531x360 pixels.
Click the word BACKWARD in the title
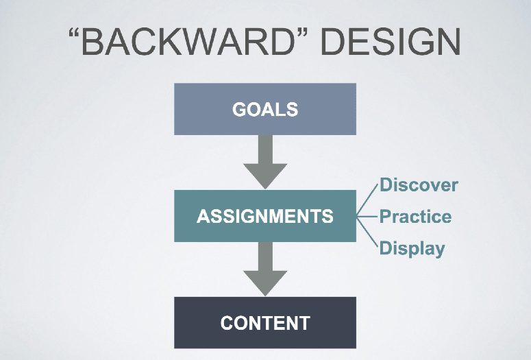(x=188, y=42)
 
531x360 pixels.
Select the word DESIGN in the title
(x=391, y=42)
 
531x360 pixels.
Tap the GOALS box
(x=265, y=109)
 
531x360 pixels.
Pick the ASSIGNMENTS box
(x=265, y=216)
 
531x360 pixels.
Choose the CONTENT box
(x=265, y=323)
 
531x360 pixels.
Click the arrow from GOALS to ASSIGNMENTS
(x=265, y=162)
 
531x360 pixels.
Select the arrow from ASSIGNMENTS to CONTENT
(x=265, y=269)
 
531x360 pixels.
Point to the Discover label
(x=419, y=185)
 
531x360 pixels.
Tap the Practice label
(x=415, y=216)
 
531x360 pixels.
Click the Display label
(x=412, y=248)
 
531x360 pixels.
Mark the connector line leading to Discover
(x=367, y=200)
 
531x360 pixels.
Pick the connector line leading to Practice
(x=367, y=216)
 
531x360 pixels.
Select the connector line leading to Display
(x=367, y=232)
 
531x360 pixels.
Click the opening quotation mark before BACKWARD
(x=74, y=34)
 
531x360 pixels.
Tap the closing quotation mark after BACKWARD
(x=302, y=34)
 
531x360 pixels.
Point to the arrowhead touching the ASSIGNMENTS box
(x=265, y=176)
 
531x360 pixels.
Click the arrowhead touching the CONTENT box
(x=265, y=283)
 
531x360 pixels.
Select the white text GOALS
(x=265, y=110)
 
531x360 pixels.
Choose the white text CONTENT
(x=265, y=323)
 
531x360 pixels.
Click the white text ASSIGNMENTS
(x=265, y=216)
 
